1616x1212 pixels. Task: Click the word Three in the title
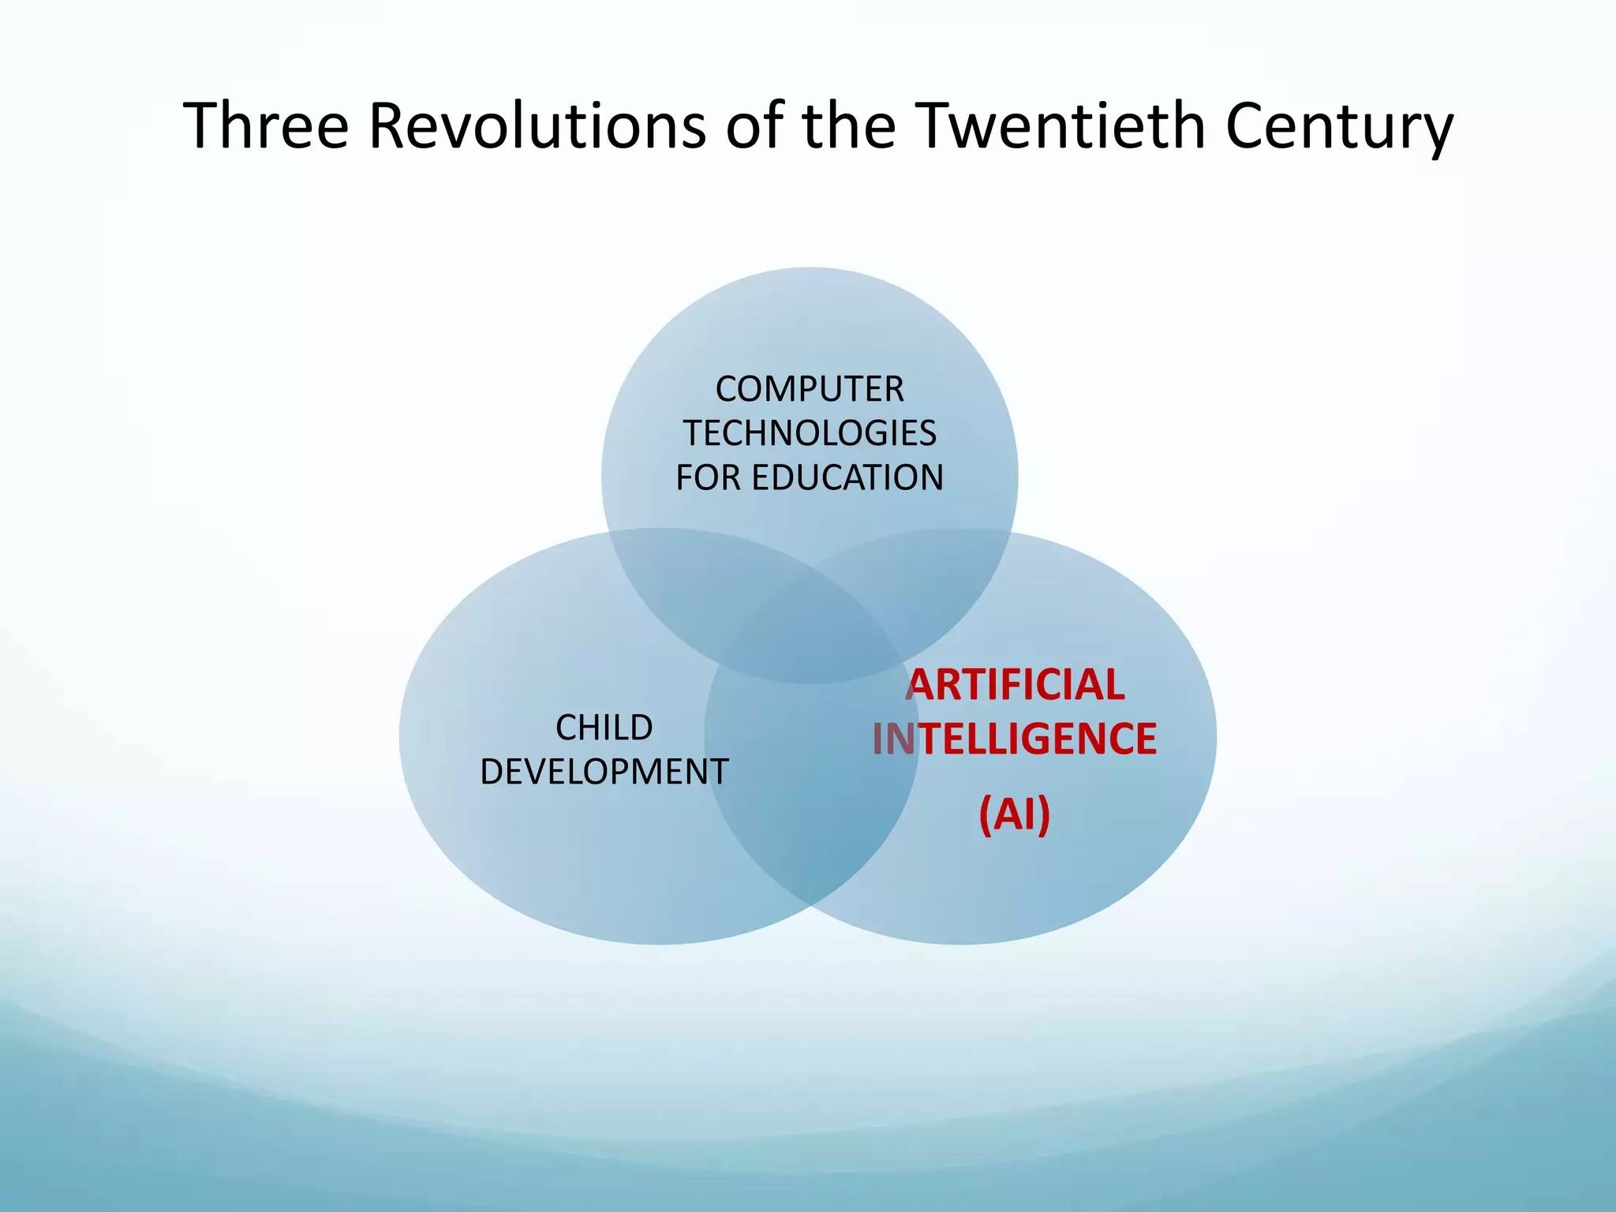coord(266,126)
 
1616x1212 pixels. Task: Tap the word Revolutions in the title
coord(537,126)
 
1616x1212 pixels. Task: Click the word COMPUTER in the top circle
coord(810,389)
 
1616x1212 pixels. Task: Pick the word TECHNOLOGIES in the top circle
coord(810,433)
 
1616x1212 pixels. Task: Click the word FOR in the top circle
coord(708,477)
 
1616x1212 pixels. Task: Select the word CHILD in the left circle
coord(604,728)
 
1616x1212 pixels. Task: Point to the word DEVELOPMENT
coord(604,772)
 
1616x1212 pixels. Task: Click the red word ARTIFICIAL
coord(1015,684)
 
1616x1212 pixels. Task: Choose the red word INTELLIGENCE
coord(1015,739)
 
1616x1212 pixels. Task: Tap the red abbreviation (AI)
coord(1015,814)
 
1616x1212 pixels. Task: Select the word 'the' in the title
coord(849,126)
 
